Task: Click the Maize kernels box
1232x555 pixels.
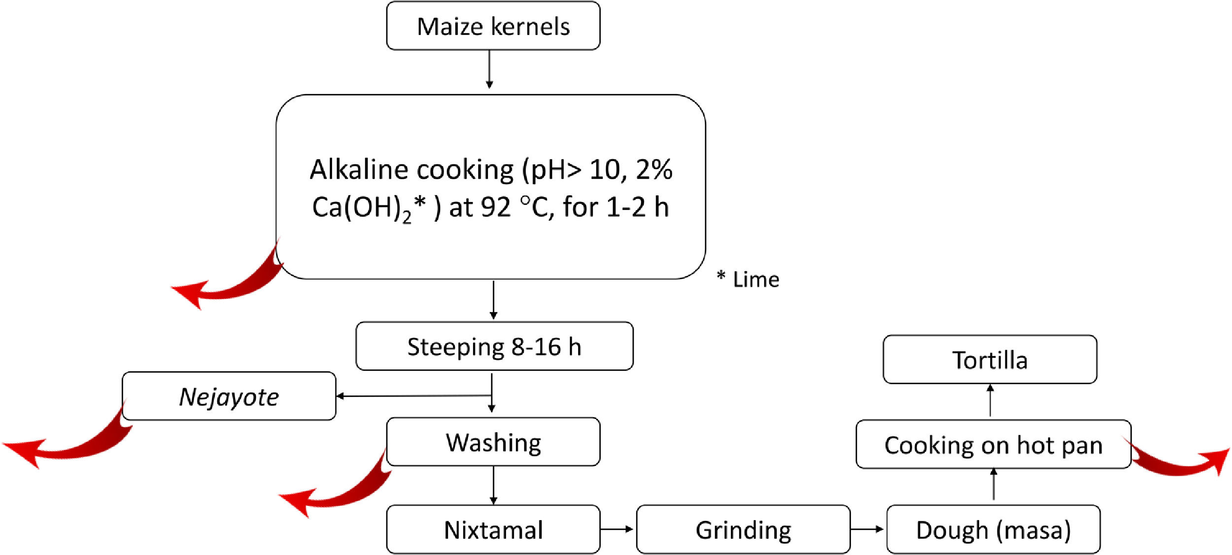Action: (x=493, y=26)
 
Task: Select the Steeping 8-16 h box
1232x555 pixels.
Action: (x=494, y=346)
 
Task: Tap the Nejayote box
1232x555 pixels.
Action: (x=229, y=396)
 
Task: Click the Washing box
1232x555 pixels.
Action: (x=493, y=442)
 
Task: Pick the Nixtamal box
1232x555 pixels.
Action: (x=493, y=529)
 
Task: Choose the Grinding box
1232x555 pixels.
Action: (x=743, y=529)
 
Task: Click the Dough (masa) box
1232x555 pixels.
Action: (x=993, y=529)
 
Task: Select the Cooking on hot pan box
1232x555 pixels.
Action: (x=993, y=444)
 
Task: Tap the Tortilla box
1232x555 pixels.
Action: (x=990, y=359)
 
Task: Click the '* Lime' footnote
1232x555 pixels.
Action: (x=748, y=279)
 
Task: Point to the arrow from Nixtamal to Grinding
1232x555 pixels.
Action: (x=617, y=529)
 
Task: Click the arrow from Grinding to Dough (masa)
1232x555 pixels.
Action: (x=867, y=529)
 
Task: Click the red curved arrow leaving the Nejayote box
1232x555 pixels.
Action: (x=69, y=446)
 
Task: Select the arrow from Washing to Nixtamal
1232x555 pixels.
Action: (x=493, y=485)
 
